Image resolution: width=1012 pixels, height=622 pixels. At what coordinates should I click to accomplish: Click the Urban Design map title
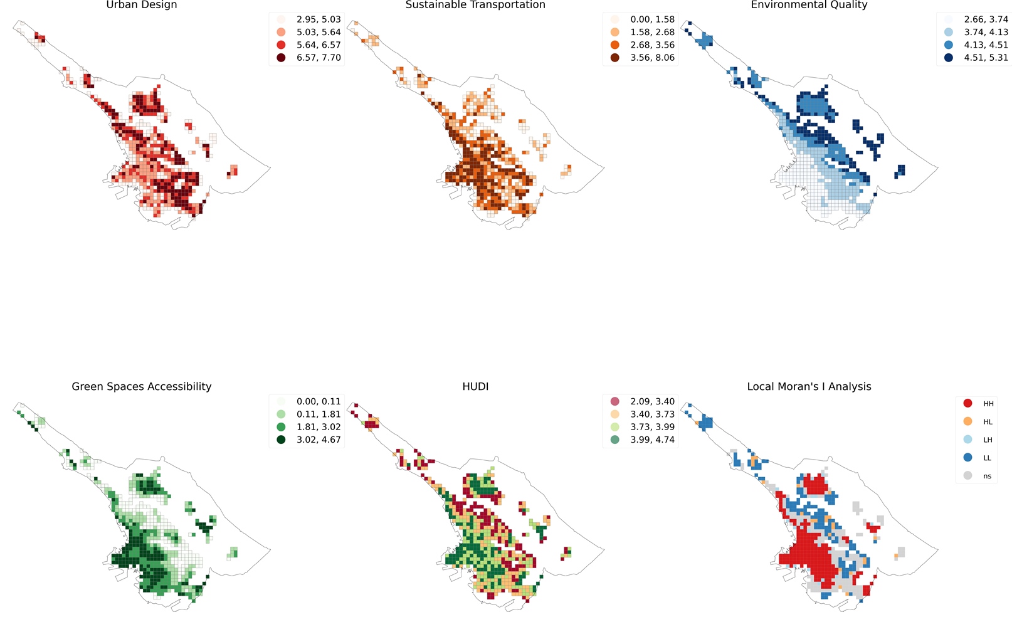[x=142, y=4]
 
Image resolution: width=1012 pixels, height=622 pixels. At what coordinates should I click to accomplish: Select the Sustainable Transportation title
[x=475, y=4]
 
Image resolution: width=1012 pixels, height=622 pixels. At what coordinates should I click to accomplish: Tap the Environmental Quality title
[x=809, y=4]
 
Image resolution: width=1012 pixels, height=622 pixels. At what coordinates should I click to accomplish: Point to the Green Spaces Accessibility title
[x=142, y=386]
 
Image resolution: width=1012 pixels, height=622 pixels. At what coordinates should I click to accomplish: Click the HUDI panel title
[x=475, y=386]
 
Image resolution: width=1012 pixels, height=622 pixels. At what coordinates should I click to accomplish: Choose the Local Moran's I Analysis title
[x=809, y=386]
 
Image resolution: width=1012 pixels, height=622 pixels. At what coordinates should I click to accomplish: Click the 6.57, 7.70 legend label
[x=319, y=57]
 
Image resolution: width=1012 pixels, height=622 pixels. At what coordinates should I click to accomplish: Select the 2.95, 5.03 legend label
[x=319, y=19]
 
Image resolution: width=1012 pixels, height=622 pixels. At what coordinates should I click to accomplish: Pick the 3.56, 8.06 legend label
[x=652, y=57]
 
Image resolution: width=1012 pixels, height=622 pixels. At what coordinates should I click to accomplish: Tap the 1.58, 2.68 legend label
[x=652, y=32]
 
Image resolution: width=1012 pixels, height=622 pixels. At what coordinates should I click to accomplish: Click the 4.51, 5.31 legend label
[x=986, y=57]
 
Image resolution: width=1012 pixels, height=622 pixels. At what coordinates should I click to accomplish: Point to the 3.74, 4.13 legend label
[x=986, y=32]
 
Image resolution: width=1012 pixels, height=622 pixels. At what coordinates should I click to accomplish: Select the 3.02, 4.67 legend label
[x=319, y=440]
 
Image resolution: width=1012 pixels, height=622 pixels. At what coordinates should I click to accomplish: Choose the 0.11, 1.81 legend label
[x=319, y=414]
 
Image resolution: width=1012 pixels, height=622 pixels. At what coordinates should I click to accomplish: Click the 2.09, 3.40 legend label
[x=652, y=401]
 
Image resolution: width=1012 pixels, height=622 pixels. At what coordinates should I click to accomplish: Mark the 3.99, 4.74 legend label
[x=652, y=440]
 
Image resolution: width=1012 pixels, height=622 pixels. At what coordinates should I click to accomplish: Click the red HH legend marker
[x=967, y=403]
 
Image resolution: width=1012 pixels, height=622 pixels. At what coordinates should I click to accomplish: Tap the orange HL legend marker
[x=967, y=421]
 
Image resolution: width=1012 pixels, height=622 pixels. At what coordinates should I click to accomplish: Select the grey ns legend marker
[x=967, y=476]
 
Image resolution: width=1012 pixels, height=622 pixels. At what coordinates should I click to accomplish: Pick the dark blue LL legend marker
[x=967, y=458]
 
